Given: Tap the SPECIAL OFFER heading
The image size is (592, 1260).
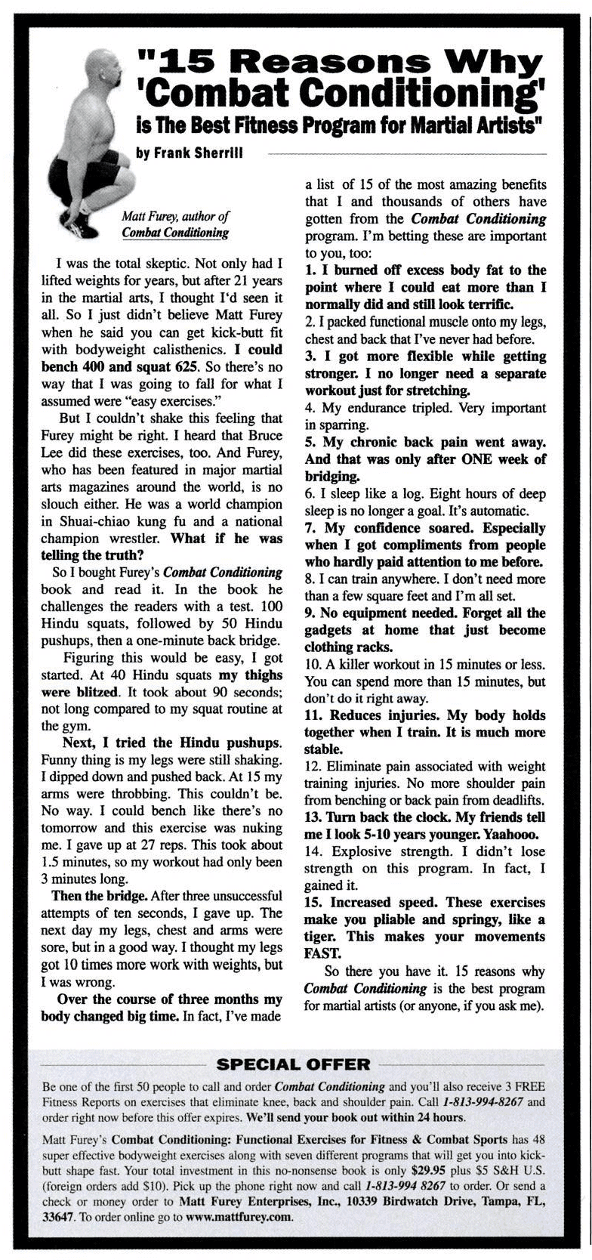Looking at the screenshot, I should click(294, 1065).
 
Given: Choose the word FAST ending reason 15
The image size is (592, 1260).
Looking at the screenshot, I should click(319, 953).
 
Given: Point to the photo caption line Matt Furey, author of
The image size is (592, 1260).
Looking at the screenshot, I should click(175, 216).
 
